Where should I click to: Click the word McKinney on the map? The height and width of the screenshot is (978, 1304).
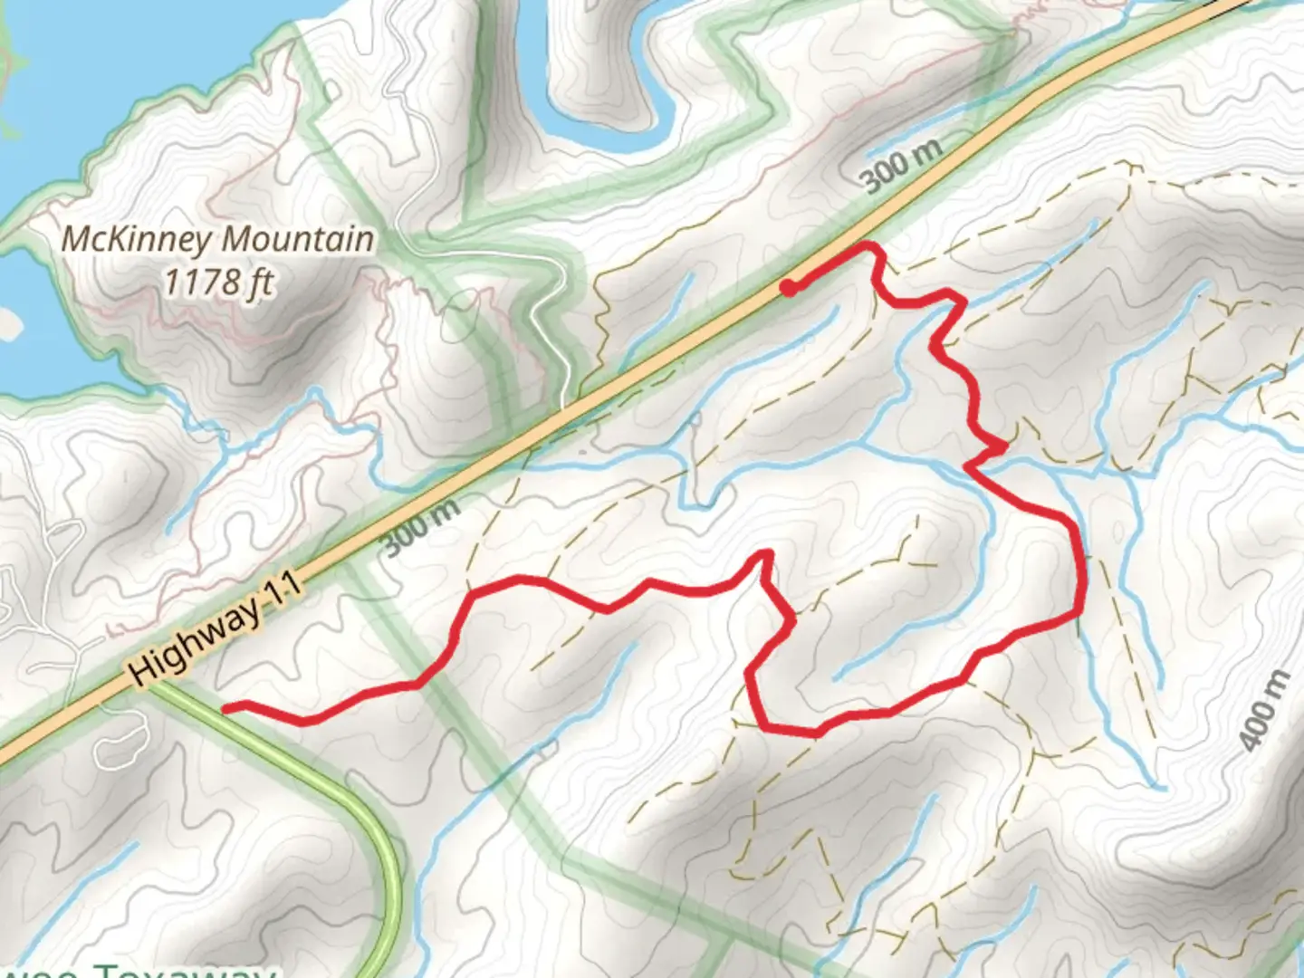[x=138, y=239]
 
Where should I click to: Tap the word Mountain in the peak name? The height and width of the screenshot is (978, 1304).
[x=298, y=239]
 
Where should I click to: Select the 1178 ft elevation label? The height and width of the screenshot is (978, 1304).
[x=218, y=282]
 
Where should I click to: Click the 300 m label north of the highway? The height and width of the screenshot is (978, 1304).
[x=902, y=167]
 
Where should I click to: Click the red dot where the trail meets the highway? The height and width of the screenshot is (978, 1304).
[x=790, y=289]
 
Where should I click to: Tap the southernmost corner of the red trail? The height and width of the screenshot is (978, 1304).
[x=765, y=727]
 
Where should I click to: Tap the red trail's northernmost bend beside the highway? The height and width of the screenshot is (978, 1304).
[x=871, y=245]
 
